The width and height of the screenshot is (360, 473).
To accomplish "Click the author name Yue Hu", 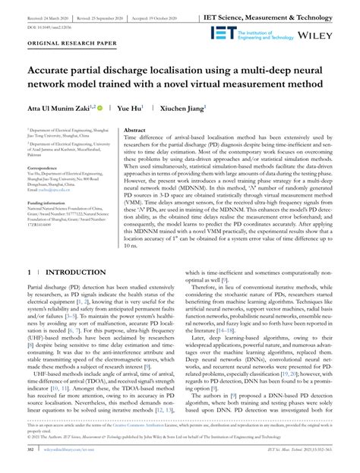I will [150, 109].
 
